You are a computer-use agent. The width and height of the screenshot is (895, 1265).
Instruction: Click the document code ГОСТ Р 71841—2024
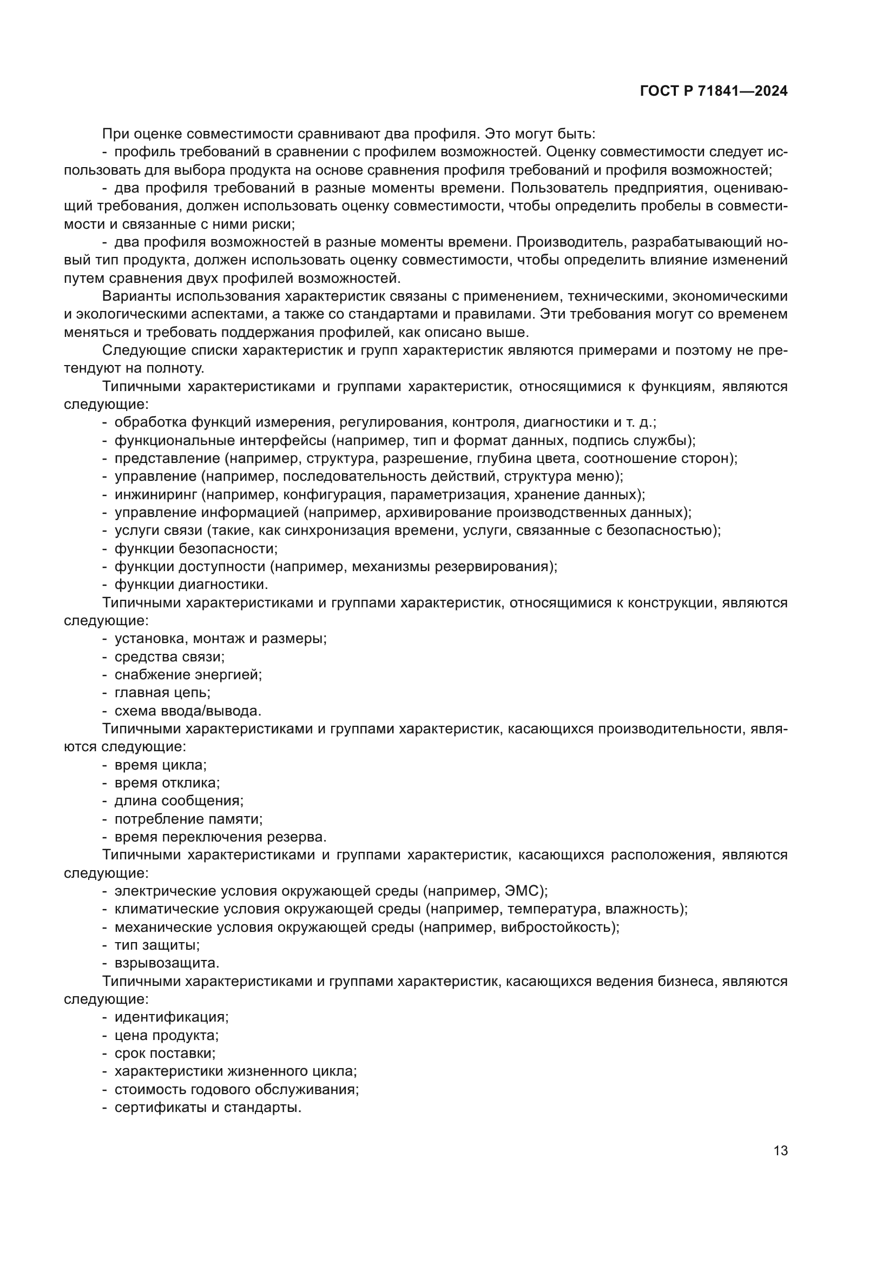coord(714,91)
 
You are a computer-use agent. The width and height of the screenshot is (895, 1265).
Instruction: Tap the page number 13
coord(780,1151)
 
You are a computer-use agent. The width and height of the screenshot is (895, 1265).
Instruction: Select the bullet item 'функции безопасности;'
coord(196,549)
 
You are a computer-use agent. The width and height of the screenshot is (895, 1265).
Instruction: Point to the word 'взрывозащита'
coord(167,963)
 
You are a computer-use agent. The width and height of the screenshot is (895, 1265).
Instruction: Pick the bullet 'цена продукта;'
coord(167,1035)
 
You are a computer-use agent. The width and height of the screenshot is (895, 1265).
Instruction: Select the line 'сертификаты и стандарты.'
coord(208,1107)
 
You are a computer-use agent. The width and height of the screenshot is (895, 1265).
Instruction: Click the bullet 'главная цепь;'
coord(162,693)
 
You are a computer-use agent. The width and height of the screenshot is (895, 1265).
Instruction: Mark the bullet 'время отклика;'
coord(167,783)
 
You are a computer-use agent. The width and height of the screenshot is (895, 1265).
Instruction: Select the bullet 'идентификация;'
coord(172,1017)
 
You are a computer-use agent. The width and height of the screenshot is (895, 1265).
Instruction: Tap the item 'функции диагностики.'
coord(191,584)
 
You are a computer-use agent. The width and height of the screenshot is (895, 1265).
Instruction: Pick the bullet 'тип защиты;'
coord(157,945)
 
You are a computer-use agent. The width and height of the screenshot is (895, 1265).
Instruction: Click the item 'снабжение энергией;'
coord(188,674)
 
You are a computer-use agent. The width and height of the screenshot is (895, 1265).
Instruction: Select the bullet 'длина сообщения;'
coord(179,800)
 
